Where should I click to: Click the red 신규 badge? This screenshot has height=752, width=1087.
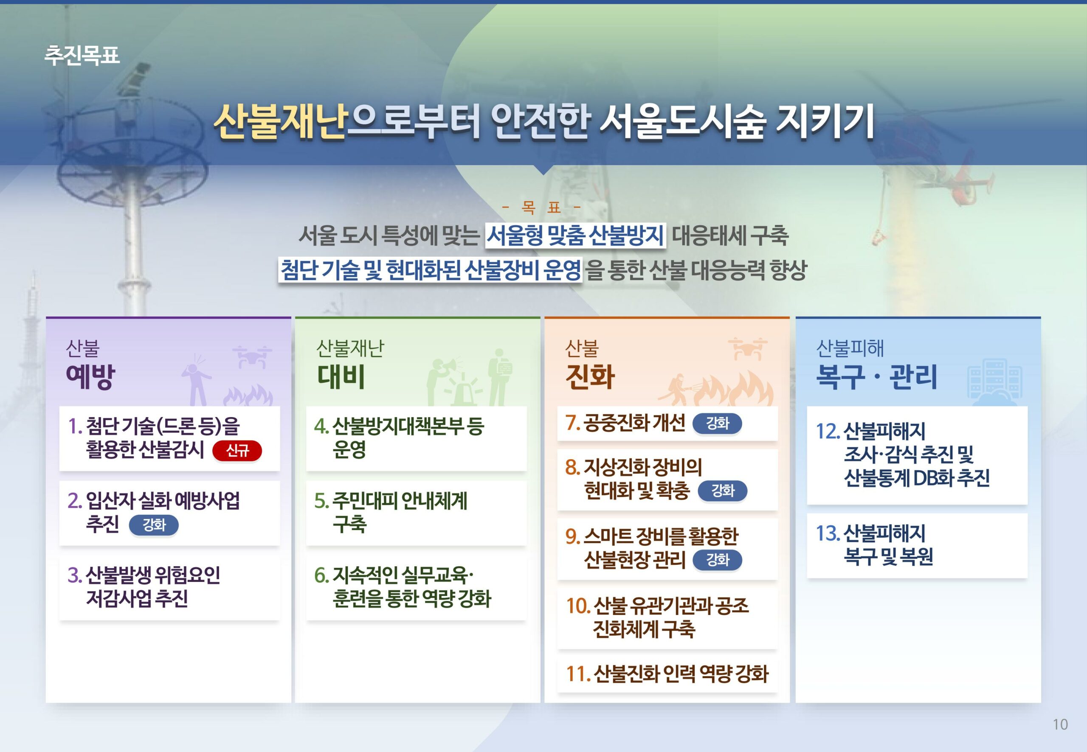click(x=237, y=450)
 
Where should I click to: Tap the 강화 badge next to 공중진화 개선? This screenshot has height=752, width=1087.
click(x=717, y=423)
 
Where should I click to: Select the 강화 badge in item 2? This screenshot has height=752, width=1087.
click(x=154, y=525)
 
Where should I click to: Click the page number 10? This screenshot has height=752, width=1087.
click(x=1060, y=724)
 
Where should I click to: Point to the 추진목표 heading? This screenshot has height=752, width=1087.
click(x=82, y=55)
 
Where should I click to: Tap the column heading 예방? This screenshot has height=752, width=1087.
click(x=90, y=376)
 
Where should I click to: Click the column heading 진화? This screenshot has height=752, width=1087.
click(x=590, y=376)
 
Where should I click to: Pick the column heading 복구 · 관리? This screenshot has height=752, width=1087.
click(x=876, y=376)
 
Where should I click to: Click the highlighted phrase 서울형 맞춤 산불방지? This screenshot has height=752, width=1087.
click(x=575, y=235)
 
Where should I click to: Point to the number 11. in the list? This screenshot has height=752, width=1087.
click(x=578, y=674)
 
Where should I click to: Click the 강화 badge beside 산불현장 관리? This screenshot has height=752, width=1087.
click(x=717, y=560)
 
